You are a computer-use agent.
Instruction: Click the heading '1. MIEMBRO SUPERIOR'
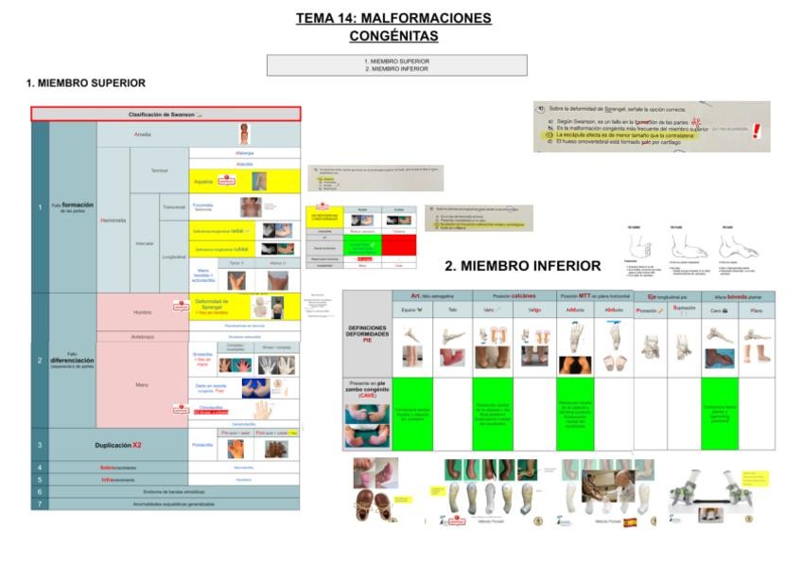(86, 83)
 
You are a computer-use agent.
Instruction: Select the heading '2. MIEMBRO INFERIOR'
(522, 266)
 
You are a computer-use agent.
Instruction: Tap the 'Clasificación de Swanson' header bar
(166, 114)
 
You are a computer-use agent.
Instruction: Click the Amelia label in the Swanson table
(142, 133)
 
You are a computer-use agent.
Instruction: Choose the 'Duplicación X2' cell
(118, 444)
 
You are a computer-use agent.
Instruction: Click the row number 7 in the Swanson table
(39, 504)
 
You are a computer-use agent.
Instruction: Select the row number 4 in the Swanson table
(39, 468)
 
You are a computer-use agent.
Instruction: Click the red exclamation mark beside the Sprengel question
(756, 131)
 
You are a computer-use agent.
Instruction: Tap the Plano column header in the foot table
(756, 310)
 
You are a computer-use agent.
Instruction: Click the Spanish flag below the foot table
(630, 522)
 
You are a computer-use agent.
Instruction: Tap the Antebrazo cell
(142, 336)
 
